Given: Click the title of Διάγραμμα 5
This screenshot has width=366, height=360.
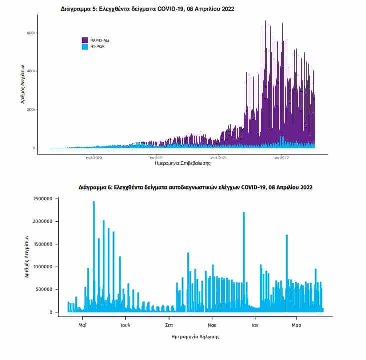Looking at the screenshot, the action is tap(147, 9).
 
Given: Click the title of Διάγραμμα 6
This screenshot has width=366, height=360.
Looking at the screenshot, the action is tap(195, 187).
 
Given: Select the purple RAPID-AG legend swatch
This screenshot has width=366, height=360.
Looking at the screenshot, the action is tap(85, 40).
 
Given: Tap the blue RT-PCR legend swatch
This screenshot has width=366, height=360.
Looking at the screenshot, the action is tap(85, 47).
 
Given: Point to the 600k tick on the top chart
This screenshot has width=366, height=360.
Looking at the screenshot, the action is tap(31, 33).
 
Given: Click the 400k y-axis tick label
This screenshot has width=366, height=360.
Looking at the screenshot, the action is tap(31, 71).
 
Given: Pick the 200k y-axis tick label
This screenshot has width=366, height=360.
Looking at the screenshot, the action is tap(31, 109).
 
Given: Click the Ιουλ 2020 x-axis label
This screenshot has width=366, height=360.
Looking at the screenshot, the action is tap(94, 158).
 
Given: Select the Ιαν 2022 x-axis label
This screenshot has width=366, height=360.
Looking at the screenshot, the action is tap(281, 158).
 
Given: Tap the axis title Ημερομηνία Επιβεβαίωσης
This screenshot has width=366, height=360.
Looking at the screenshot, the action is tap(183, 163).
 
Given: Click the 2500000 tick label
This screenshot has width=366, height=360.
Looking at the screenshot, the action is tap(43, 199).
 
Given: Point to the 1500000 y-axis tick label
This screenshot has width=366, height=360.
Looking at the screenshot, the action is tap(43, 244).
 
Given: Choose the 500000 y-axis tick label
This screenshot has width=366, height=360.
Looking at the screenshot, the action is tap(44, 289).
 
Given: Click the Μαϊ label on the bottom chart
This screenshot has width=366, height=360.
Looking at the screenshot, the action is tap(82, 325).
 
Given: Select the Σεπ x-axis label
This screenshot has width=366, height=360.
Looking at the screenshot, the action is tap(169, 325).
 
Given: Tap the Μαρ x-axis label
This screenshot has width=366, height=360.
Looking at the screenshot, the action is tap(297, 325).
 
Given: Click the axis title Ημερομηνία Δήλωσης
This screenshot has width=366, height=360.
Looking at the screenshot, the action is tap(196, 337).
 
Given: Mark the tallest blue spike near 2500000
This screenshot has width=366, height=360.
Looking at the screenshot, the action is tap(94, 256).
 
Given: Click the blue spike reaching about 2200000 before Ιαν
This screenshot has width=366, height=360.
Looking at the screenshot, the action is tap(244, 262).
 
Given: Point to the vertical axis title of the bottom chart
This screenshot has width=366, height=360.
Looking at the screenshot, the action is tap(27, 256).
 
